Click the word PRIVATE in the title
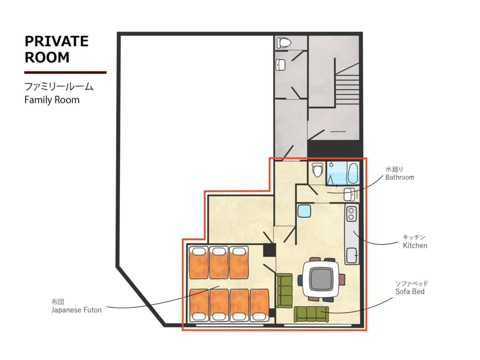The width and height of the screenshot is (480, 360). (x=56, y=41)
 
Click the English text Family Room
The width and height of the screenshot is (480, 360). (x=51, y=100)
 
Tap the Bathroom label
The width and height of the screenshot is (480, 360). (x=399, y=177)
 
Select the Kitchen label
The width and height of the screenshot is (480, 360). (x=415, y=245)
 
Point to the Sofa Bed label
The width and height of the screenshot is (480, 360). (x=410, y=291)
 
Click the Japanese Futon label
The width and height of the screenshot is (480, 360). (x=76, y=310)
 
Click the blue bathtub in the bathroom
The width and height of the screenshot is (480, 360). (x=343, y=174)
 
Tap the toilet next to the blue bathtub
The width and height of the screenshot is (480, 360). (x=317, y=169)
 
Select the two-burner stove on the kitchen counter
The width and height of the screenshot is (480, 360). (x=351, y=213)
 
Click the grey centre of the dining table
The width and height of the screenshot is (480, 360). (x=321, y=279)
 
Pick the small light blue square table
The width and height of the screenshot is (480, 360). (x=304, y=211)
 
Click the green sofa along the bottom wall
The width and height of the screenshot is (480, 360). (x=311, y=314)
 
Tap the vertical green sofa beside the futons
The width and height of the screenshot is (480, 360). (x=284, y=290)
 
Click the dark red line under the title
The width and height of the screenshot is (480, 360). (x=65, y=72)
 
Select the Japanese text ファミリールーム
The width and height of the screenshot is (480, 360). (x=59, y=86)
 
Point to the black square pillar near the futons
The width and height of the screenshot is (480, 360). (x=269, y=250)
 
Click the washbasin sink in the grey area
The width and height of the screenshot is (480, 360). (x=280, y=64)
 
